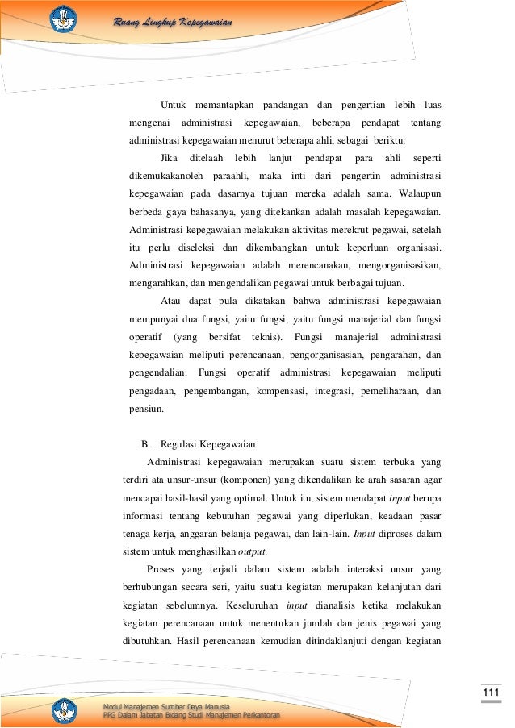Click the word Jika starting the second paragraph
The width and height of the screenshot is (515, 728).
[x=170, y=157]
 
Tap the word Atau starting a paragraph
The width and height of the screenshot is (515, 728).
[x=171, y=301]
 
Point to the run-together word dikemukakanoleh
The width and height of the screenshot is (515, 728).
[x=165, y=176]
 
